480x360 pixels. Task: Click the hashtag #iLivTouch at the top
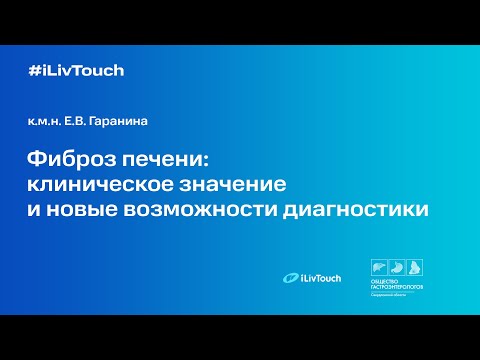click(77, 71)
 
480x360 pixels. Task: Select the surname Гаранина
click(130, 124)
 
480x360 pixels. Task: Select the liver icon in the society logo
click(378, 268)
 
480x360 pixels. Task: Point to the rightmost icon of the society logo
click(415, 268)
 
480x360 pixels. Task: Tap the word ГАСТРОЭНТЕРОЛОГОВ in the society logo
click(397, 290)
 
